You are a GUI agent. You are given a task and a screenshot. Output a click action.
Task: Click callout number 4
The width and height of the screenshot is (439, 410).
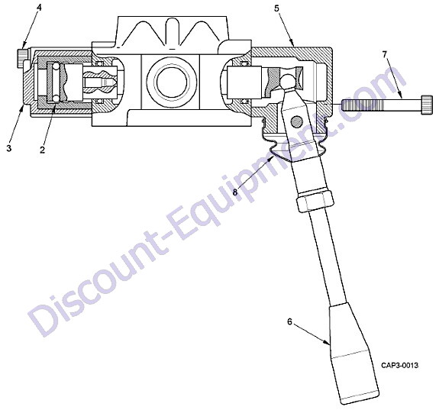39,8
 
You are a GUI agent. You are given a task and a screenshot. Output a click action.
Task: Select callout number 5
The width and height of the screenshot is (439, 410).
276,8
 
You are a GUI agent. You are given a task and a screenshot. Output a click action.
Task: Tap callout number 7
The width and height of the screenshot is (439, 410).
384,54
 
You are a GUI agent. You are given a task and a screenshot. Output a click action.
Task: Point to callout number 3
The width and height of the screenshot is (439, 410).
9,148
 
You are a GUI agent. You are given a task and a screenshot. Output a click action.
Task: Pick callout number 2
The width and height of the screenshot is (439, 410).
42,150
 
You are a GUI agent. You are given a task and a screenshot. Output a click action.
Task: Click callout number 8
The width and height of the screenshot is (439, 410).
235,192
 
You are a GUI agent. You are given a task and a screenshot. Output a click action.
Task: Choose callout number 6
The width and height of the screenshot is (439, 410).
289,321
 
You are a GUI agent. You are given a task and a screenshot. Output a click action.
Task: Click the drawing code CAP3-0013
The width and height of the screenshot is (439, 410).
399,365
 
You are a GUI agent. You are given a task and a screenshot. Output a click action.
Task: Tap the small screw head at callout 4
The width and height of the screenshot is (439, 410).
22,58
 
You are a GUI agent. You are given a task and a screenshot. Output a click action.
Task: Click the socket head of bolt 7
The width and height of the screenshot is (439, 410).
428,105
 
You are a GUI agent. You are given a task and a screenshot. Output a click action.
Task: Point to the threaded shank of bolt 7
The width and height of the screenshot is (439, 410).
382,105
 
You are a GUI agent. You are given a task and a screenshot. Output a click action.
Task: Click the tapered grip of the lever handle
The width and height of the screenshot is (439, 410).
354,354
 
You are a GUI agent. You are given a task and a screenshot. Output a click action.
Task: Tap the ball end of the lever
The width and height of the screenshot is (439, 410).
288,81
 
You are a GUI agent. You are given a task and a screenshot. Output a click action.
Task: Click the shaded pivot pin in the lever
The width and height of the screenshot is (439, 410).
297,122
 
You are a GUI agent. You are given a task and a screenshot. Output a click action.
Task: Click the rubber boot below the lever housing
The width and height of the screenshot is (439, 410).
293,147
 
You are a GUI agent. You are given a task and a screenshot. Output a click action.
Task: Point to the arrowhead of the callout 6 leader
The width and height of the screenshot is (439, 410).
328,344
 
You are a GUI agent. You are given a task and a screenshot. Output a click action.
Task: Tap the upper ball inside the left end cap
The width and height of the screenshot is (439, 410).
56,66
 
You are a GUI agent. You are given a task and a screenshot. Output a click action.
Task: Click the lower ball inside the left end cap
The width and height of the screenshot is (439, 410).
56,98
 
